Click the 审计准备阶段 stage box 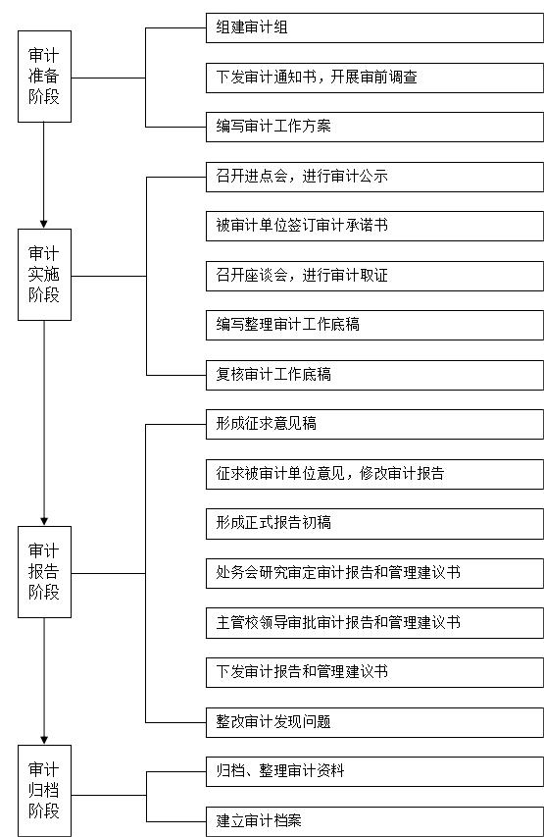coord(44,77)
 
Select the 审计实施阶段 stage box coord(44,275)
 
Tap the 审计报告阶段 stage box coord(44,572)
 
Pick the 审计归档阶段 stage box coord(44,791)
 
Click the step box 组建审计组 coord(374,27)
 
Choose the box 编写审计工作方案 coord(374,127)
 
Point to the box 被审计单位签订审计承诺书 coord(374,226)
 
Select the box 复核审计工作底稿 coord(374,375)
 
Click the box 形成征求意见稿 coord(374,424)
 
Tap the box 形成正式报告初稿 coord(374,524)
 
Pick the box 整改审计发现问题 coord(374,722)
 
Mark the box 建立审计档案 coord(374,821)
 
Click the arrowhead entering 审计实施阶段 coord(44,224)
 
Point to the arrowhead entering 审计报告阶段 coord(44,521)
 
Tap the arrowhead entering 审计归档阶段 coord(44,741)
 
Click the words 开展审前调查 coord(373,77)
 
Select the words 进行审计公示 coord(345,177)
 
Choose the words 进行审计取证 coord(345,276)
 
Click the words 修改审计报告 coord(402,474)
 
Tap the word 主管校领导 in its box coord(252,622)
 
